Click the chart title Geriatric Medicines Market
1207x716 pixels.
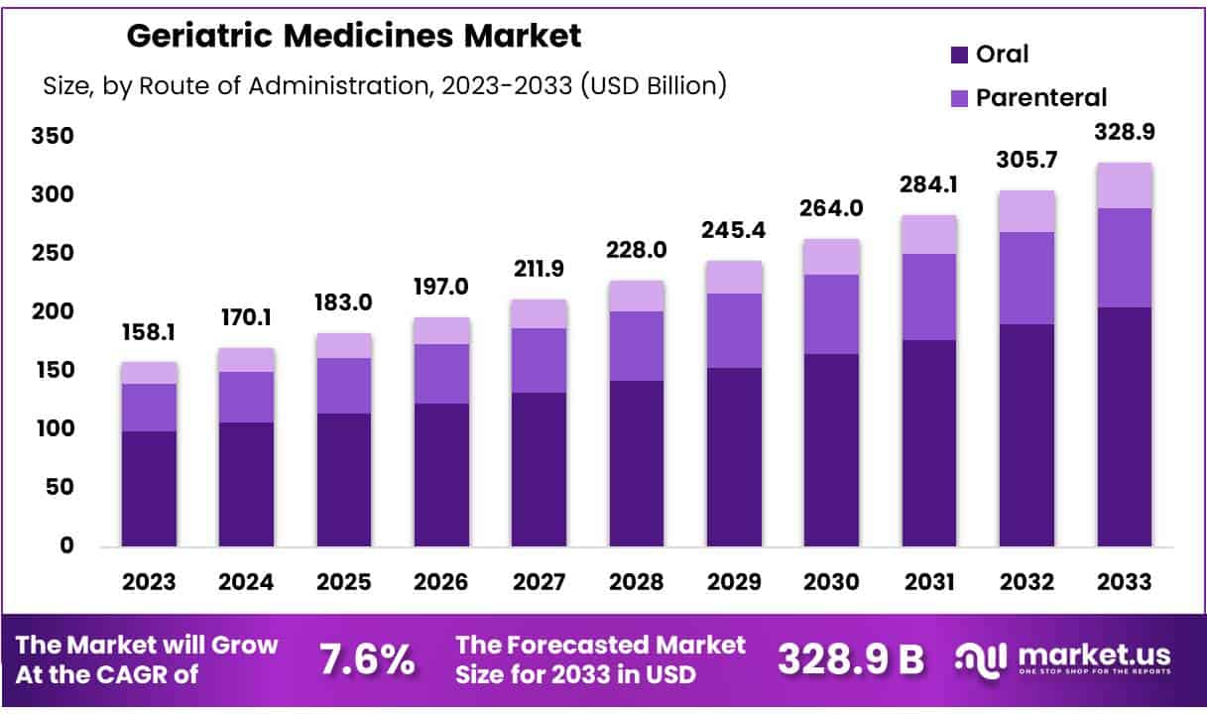[x=354, y=37]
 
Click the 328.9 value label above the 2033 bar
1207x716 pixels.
[x=1125, y=133]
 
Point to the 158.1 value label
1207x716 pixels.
[x=149, y=332]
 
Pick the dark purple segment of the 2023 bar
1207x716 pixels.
[x=149, y=488]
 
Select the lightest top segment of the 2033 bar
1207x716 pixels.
[x=1125, y=185]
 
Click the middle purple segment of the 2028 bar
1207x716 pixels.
[x=637, y=346]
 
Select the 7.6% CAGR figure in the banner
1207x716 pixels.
[x=367, y=659]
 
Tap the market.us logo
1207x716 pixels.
[x=1062, y=657]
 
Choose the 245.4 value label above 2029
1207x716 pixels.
[x=734, y=229]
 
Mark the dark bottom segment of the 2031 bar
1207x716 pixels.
[x=929, y=442]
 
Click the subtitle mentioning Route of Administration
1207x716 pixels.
[x=385, y=86]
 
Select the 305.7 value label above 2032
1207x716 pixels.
[x=1027, y=161]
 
